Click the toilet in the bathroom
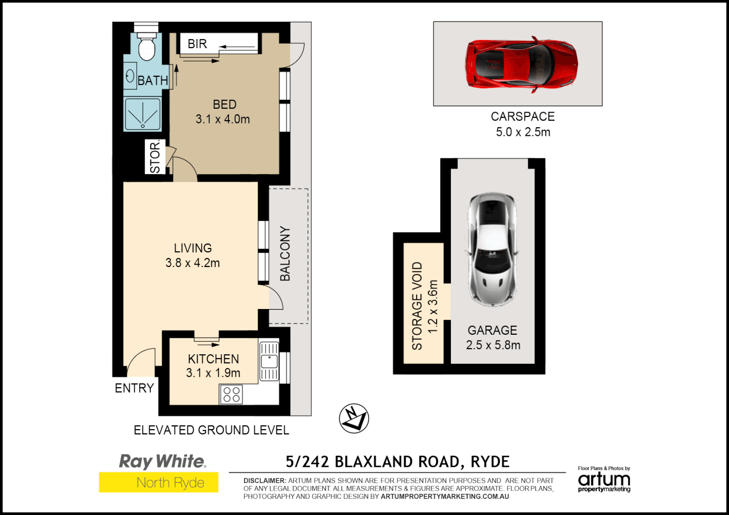(x=146, y=46)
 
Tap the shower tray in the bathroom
(x=143, y=114)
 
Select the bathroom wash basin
(x=130, y=76)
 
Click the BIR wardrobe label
(x=197, y=44)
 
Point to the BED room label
(x=224, y=104)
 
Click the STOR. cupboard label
(x=155, y=157)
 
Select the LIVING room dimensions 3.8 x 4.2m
(x=193, y=263)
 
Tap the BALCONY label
(x=285, y=253)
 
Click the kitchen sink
(x=269, y=361)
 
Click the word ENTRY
(x=134, y=388)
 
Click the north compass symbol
(x=354, y=418)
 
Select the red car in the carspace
(x=521, y=64)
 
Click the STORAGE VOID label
(x=417, y=306)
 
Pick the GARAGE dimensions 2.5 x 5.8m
(x=493, y=345)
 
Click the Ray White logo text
(x=162, y=461)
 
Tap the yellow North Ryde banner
(x=158, y=483)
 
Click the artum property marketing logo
(x=604, y=481)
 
